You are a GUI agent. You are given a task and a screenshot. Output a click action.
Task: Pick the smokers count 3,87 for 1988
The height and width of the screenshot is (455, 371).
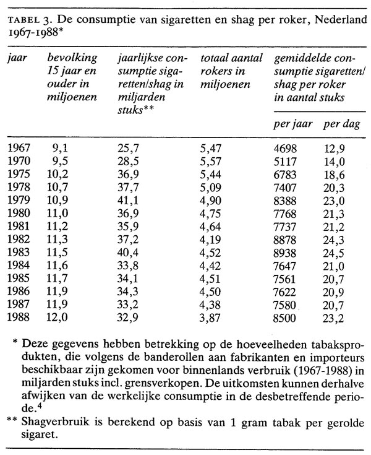[212, 320]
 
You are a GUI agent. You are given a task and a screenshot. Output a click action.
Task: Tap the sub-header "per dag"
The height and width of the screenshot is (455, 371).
[340, 124]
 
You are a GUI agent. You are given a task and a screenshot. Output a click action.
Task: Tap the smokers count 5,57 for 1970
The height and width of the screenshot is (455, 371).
[212, 161]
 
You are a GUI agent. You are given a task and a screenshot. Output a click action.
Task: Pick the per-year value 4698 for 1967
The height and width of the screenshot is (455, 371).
[284, 147]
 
